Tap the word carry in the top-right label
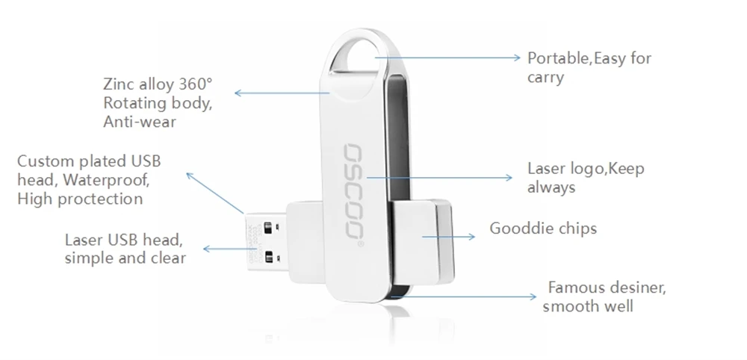click(545, 78)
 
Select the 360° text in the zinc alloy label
click(193, 84)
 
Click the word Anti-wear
click(140, 122)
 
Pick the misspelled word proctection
click(99, 199)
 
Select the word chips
click(577, 229)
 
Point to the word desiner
click(637, 288)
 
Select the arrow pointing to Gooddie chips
click(448, 236)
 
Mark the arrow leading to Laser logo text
click(441, 178)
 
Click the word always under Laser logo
click(551, 187)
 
